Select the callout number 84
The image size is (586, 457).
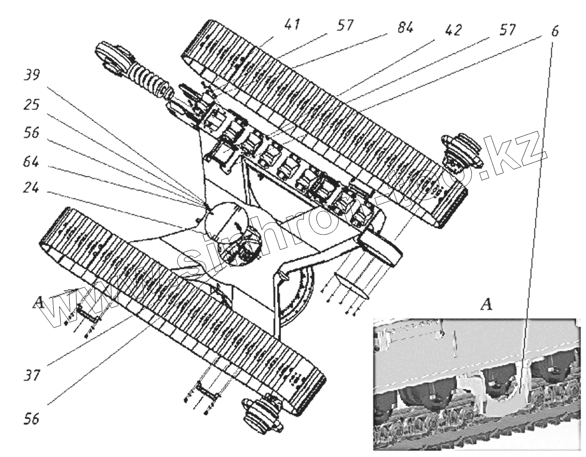404,28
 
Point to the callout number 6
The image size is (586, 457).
556,31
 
